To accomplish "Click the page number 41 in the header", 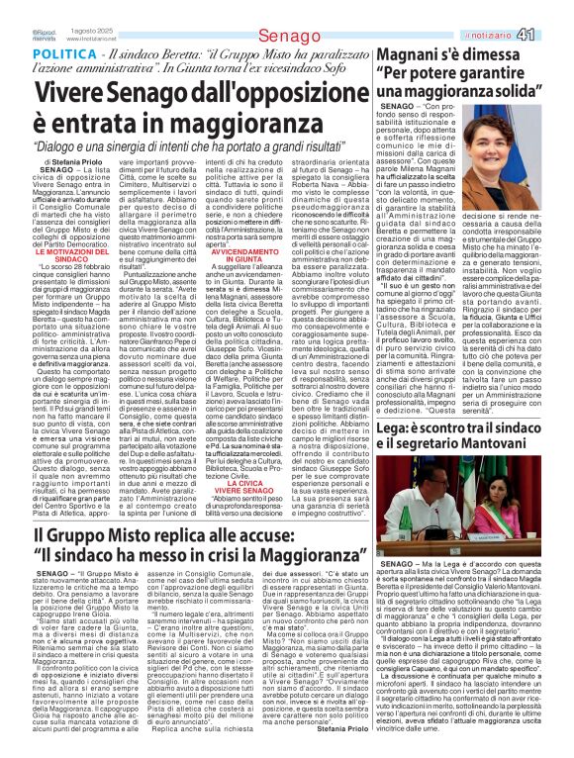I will [552, 9].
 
